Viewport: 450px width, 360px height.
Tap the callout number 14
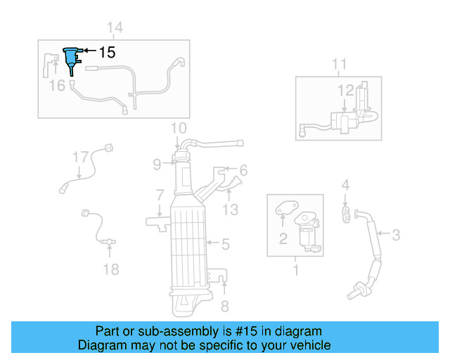click(x=115, y=27)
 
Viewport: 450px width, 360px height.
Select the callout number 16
click(x=57, y=85)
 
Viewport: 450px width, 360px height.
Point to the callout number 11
click(x=339, y=65)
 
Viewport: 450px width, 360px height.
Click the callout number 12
click(x=346, y=90)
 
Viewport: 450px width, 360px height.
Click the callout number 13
click(x=231, y=209)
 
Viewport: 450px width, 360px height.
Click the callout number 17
click(x=80, y=157)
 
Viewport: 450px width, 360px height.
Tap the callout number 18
click(x=111, y=269)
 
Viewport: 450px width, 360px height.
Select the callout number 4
click(x=345, y=185)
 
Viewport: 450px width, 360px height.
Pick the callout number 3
click(x=396, y=235)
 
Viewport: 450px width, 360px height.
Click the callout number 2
click(x=283, y=239)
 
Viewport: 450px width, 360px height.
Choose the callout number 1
click(x=295, y=269)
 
